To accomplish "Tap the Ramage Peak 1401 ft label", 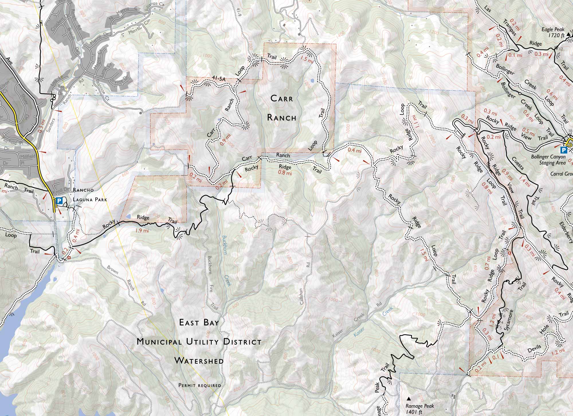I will click(419, 409).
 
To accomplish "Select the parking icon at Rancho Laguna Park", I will click(59, 201).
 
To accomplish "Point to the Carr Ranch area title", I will click(282, 108).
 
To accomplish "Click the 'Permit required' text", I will click(200, 385).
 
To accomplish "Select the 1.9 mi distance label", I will click(142, 230).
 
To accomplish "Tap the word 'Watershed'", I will click(199, 361).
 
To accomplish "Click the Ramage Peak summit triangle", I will click(409, 398).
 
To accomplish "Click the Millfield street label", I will click(28, 156).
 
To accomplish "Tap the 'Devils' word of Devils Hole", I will click(535, 349).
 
